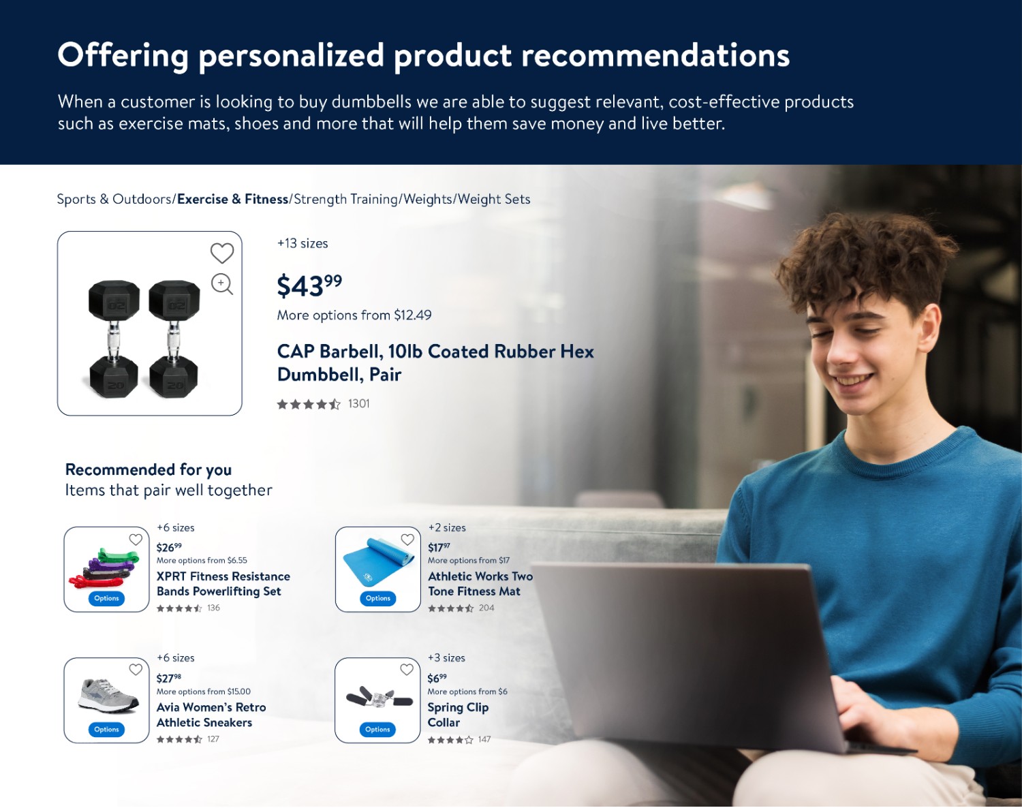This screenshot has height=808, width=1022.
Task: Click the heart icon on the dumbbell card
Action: coord(222,253)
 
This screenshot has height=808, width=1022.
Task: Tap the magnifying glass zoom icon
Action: coord(222,284)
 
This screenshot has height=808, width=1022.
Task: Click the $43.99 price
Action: coord(309,285)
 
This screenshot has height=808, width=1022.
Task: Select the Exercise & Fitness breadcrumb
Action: coord(233,199)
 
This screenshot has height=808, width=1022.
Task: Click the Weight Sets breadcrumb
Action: coord(494,199)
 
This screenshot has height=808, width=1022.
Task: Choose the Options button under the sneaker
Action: coord(106,729)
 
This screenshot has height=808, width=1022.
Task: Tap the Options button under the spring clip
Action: coord(377,729)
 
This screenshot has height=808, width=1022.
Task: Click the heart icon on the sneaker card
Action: coord(136,669)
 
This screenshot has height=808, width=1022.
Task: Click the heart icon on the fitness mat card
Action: coord(407,539)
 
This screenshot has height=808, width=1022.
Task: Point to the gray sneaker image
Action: coord(108,696)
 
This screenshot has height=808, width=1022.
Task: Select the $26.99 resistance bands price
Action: coord(169,547)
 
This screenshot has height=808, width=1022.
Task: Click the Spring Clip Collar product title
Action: coord(458,715)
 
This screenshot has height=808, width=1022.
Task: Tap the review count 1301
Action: coord(358,404)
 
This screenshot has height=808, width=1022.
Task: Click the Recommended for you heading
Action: coord(148,469)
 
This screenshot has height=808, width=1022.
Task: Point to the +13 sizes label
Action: coord(303,243)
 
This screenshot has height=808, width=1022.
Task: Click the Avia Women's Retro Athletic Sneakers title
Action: coord(211,715)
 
